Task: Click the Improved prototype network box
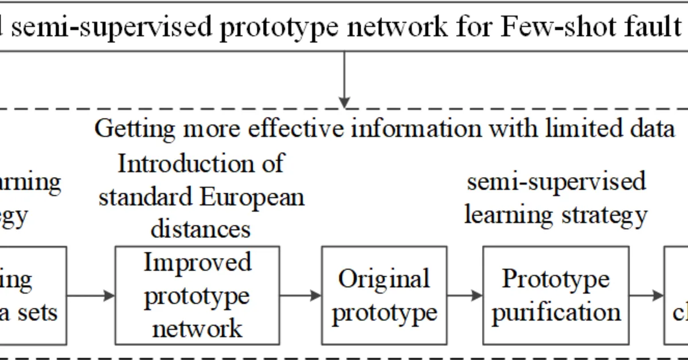[197, 295]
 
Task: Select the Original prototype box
[384, 295]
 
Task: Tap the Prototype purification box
[556, 295]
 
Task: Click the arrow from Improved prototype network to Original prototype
[300, 295]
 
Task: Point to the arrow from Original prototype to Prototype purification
[464, 295]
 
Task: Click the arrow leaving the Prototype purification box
[646, 295]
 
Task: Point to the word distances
[201, 229]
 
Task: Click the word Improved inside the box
[197, 263]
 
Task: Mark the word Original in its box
[384, 279]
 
